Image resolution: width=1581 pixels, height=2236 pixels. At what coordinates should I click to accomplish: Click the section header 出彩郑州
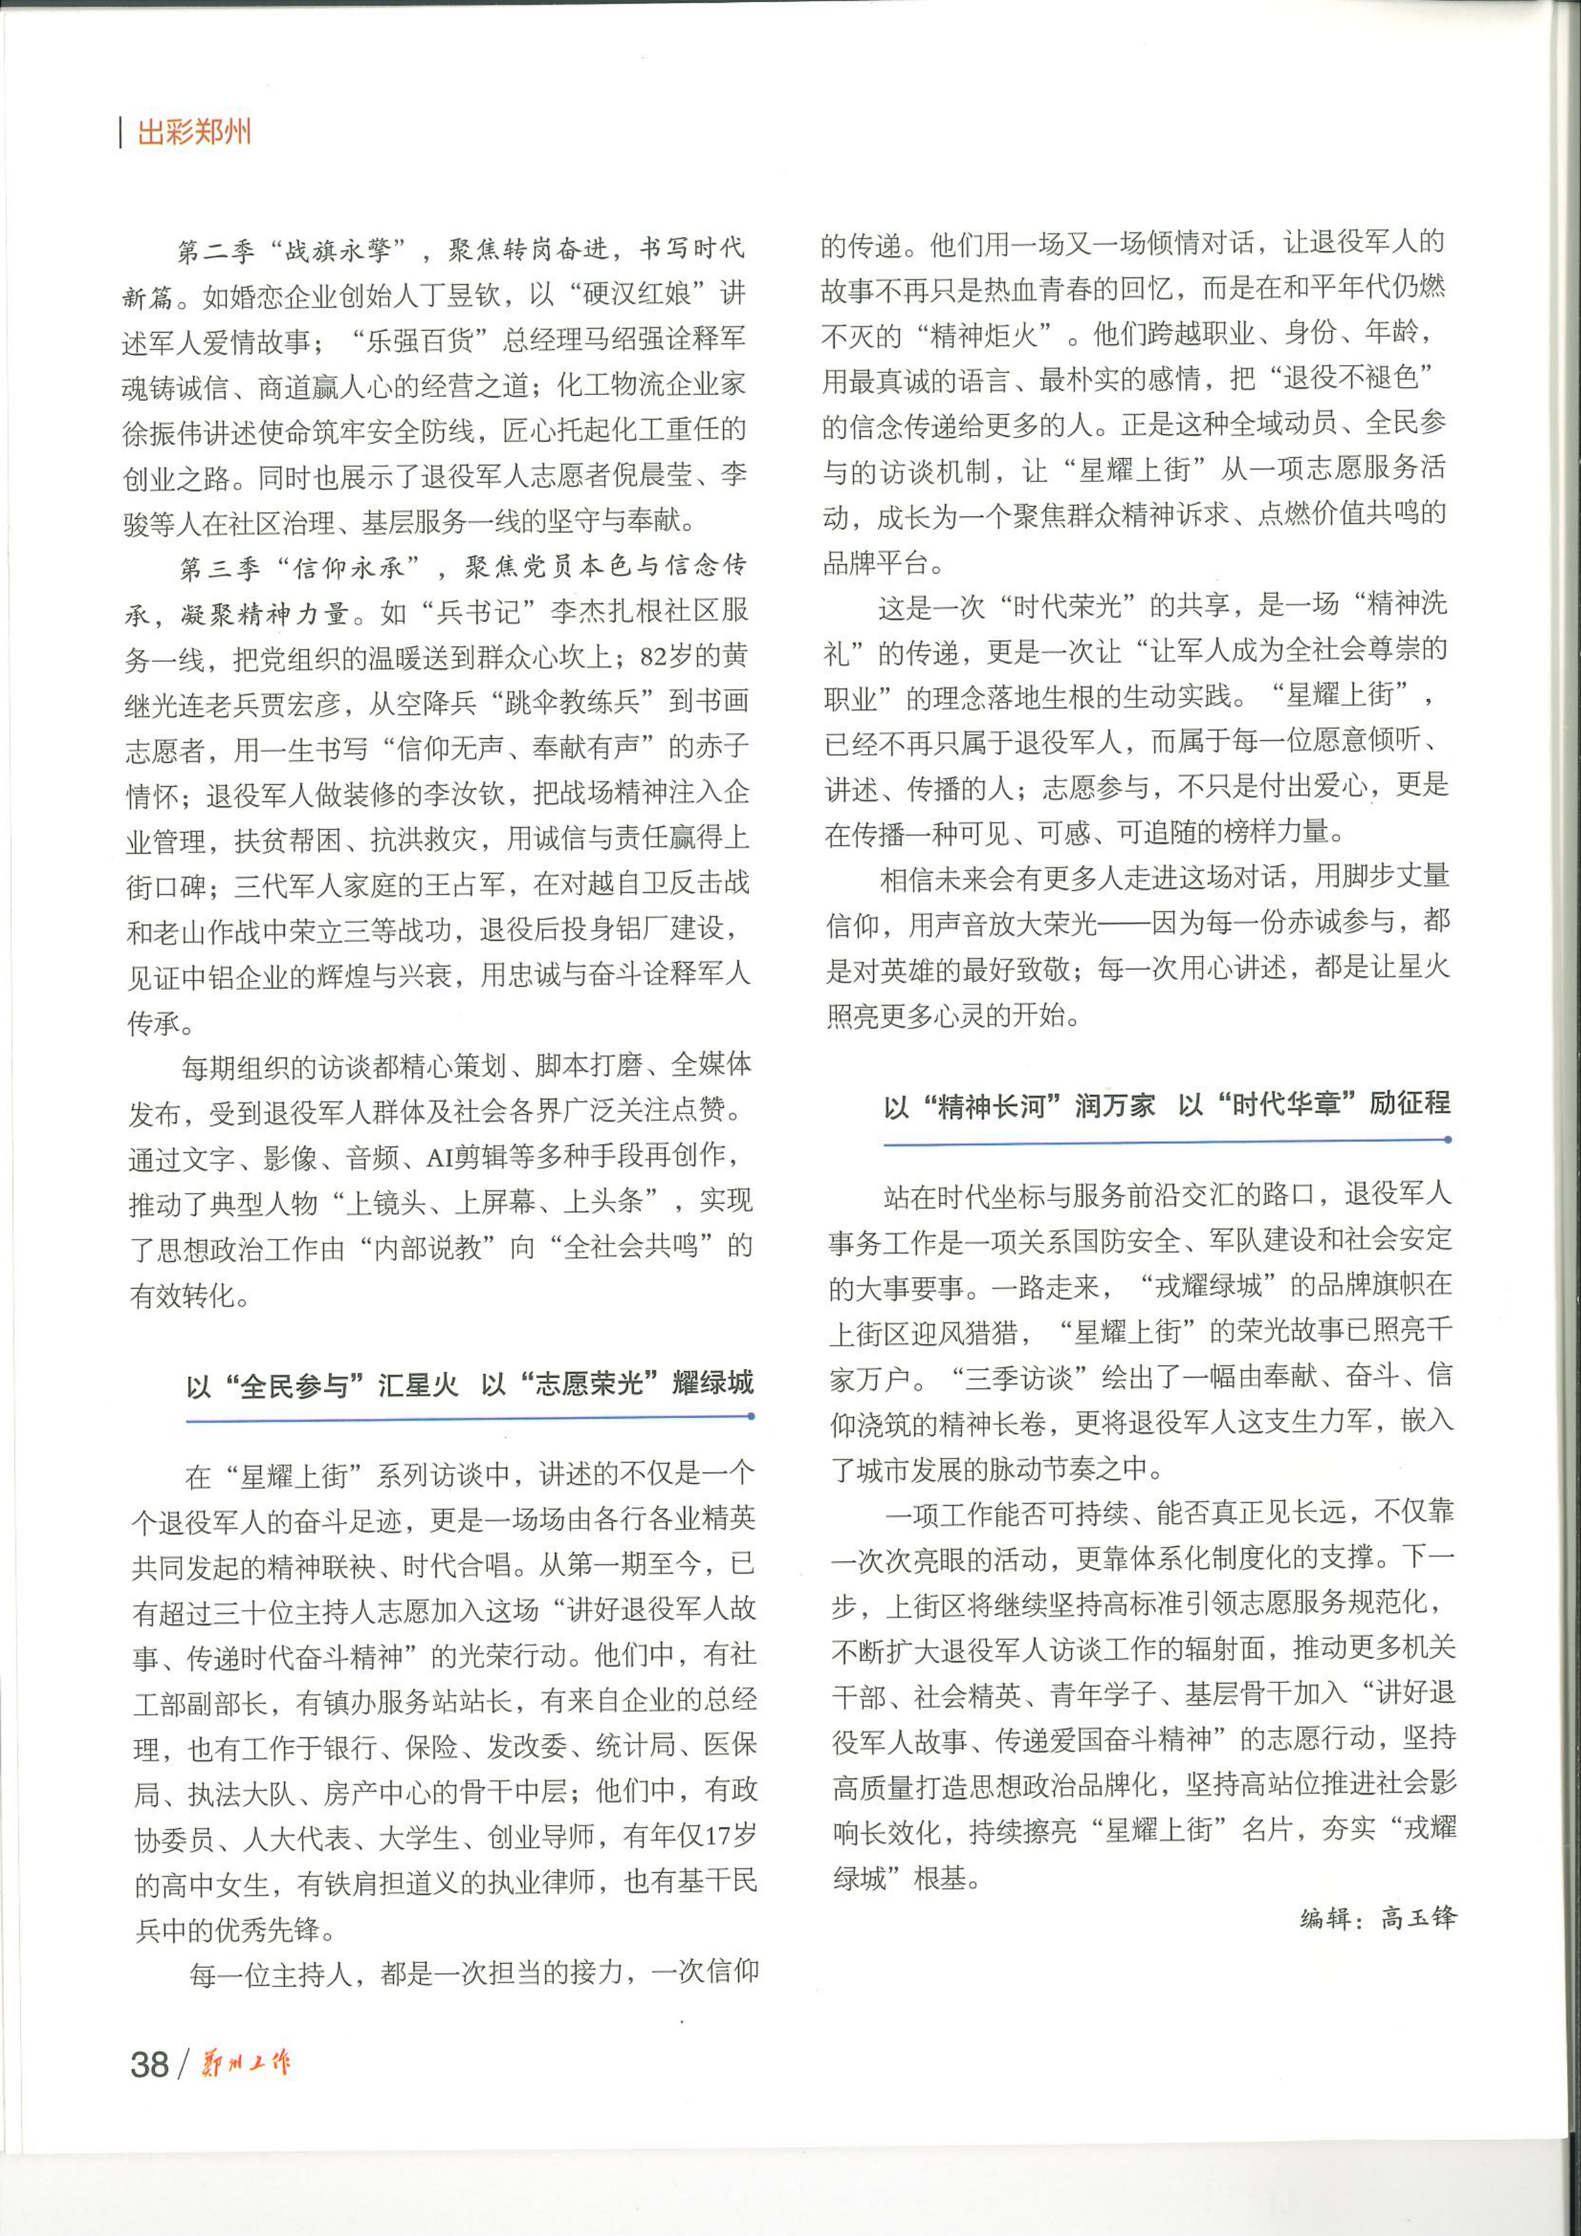[194, 131]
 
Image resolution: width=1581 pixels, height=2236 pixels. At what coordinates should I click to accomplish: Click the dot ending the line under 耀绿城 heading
[751, 1417]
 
